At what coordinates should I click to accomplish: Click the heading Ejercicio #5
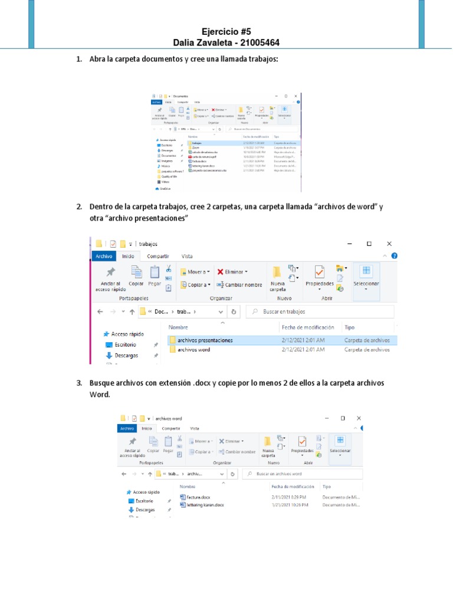(x=226, y=32)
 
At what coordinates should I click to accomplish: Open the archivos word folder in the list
(x=193, y=350)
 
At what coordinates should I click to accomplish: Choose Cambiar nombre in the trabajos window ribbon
(x=239, y=285)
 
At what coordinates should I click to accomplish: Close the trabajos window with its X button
(x=389, y=243)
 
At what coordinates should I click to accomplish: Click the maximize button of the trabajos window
(x=369, y=243)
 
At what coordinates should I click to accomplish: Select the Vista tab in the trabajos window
(x=187, y=256)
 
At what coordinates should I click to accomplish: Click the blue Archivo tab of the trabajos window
(x=104, y=256)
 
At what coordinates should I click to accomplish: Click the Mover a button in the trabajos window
(x=196, y=272)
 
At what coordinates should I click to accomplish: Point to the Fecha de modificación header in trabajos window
(x=308, y=327)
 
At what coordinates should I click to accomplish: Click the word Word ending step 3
(x=100, y=395)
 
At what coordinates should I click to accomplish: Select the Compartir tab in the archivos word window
(x=171, y=429)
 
